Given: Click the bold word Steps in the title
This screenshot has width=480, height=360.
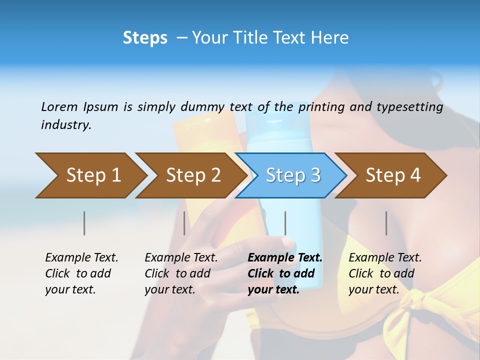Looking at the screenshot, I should click(145, 38).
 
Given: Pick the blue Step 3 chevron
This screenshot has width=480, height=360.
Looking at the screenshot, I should click(292, 175).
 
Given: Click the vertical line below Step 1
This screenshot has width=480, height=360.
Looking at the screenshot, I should click(84, 223).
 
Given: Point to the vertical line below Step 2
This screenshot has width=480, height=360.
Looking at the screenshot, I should click(184, 223).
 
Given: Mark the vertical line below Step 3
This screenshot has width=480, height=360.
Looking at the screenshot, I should click(285, 223).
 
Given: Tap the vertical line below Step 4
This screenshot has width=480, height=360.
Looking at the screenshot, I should click(386, 223).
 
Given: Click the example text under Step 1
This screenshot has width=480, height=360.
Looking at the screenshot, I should click(81, 273).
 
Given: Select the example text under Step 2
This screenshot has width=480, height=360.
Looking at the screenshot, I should click(181, 273).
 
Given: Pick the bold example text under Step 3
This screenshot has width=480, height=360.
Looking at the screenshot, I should click(285, 273).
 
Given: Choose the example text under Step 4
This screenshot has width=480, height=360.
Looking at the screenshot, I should click(385, 273).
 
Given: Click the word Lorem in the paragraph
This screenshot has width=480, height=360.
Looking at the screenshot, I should click(59, 107).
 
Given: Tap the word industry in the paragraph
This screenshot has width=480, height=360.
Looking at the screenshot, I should click(66, 125).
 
